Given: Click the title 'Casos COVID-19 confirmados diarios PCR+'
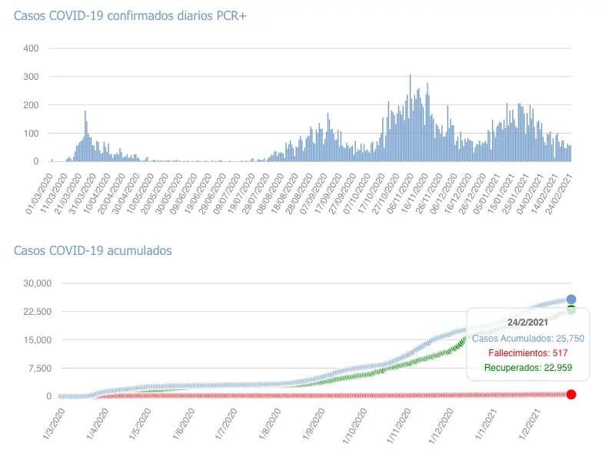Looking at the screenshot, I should tap(125, 15).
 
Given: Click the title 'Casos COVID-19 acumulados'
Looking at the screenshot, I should tap(92, 251).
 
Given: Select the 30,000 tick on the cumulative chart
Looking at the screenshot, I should tap(35, 283).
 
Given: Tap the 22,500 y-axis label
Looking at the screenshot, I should tap(35, 312).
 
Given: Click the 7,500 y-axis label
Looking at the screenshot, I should tap(38, 369).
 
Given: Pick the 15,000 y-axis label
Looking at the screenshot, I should tap(35, 340).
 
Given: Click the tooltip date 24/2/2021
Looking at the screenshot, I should tap(527, 322).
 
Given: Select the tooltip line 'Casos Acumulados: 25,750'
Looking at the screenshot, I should tap(527, 338).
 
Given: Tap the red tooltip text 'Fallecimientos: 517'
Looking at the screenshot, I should tap(527, 353).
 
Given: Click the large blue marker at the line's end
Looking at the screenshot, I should tap(571, 299).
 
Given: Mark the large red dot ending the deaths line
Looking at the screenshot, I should tap(571, 394).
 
